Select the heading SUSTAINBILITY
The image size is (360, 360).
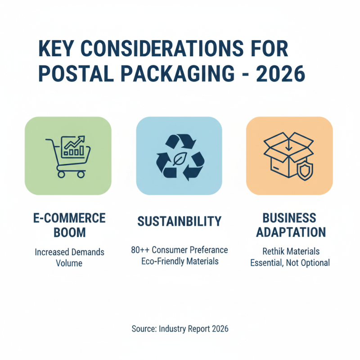pyautogui.click(x=179, y=221)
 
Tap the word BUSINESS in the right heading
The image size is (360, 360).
pyautogui.click(x=289, y=218)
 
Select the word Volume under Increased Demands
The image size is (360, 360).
pyautogui.click(x=69, y=263)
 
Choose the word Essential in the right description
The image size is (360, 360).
pyautogui.click(x=266, y=262)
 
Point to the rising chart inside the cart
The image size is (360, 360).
pyautogui.click(x=73, y=144)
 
